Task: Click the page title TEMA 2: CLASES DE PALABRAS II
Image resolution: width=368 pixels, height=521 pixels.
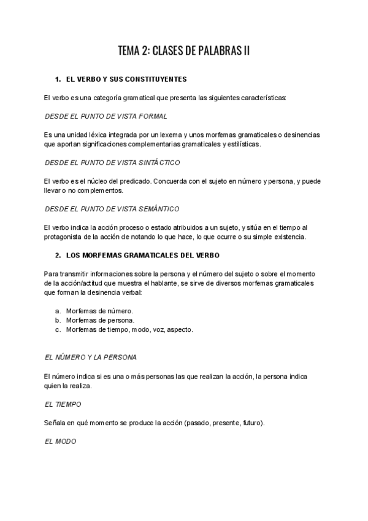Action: coord(183,51)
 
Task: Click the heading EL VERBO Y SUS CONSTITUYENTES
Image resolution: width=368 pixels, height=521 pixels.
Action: coord(126,80)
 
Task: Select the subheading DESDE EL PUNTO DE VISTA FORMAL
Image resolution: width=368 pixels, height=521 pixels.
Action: coord(105,116)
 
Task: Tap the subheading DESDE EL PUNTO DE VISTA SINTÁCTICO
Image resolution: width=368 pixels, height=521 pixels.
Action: coord(112,163)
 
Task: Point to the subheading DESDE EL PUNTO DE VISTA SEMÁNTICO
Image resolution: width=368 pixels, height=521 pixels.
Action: coord(112,209)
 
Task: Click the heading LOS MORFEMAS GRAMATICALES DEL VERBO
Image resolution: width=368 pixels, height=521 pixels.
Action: coord(142,255)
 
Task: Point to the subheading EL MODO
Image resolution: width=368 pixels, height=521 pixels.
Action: coord(61,441)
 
